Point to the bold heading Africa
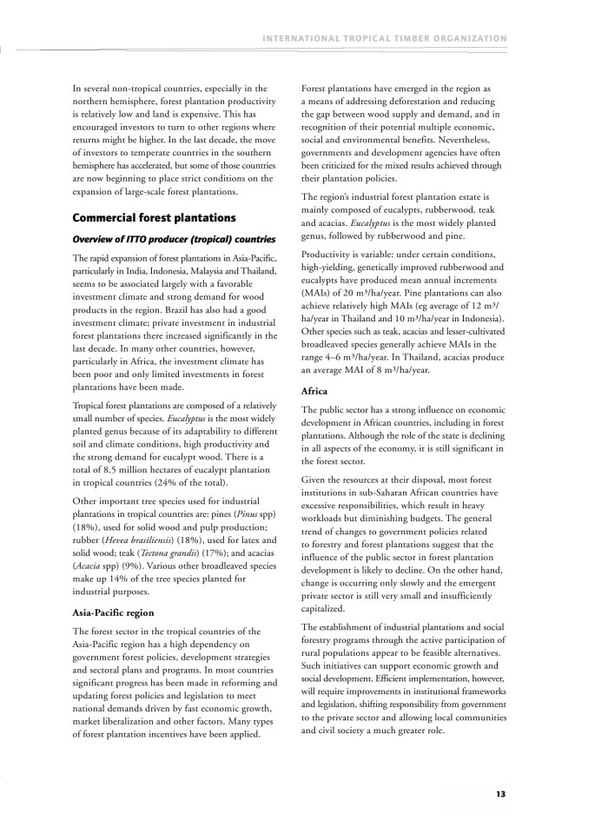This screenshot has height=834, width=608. (315, 392)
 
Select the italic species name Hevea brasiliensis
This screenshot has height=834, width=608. (137, 539)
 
